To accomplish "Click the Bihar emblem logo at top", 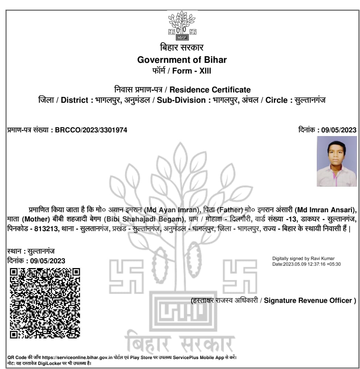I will click(181, 26).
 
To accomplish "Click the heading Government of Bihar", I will click(182, 60).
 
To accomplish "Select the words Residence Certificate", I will click(210, 90).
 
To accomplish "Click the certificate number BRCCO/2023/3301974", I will click(91, 130).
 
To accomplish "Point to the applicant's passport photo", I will click(336, 161).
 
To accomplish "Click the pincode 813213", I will click(46, 229).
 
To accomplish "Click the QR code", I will click(45, 303).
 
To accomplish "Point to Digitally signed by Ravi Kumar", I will click(303, 258).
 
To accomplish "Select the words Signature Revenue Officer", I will click(310, 301).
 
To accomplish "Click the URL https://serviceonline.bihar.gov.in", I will click(77, 358).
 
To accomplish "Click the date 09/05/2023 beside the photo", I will click(339, 130).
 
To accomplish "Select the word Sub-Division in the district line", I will click(181, 100).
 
